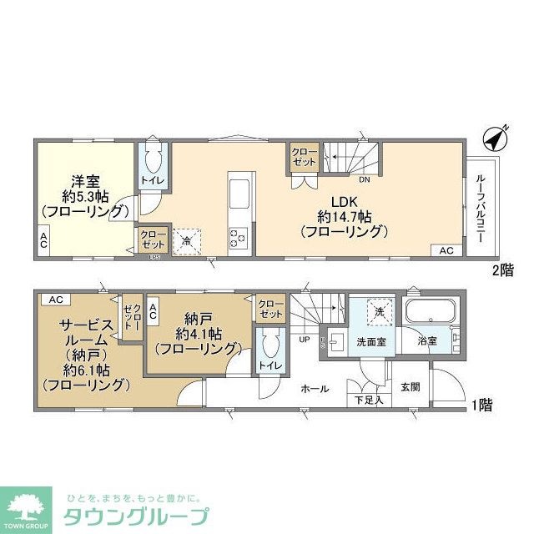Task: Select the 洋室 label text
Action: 84,180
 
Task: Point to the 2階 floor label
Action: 501,270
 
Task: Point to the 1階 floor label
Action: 481,406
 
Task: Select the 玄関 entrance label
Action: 411,387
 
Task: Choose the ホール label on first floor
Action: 314,389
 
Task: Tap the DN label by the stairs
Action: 365,179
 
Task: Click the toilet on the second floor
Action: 153,161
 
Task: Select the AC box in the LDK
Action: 446,250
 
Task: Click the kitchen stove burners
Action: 237,238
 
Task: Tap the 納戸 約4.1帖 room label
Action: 197,333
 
